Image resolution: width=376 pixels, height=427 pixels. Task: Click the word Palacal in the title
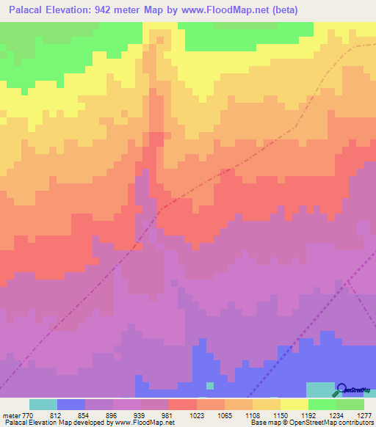pyautogui.click(x=30, y=10)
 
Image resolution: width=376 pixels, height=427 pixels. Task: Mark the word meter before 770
pyautogui.click(x=11, y=415)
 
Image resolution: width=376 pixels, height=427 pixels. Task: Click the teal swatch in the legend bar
pyautogui.click(x=43, y=404)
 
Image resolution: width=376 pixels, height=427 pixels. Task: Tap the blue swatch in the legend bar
pyautogui.click(x=71, y=404)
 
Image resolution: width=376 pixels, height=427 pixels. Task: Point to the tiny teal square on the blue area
pyautogui.click(x=210, y=385)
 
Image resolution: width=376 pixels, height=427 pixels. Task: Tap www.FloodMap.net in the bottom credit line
pyautogui.click(x=140, y=423)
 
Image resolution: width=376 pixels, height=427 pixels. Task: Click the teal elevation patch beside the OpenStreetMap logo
pyautogui.click(x=319, y=390)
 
